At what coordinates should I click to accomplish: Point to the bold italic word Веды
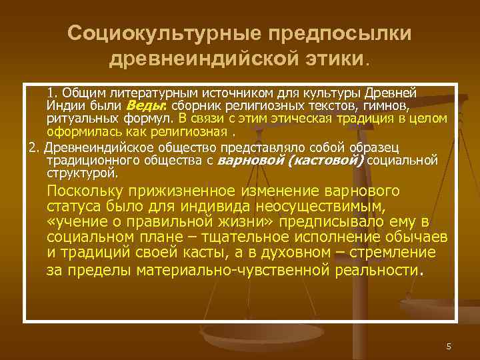141,106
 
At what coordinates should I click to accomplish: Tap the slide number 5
449,346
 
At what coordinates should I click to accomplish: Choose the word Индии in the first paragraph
64,106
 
